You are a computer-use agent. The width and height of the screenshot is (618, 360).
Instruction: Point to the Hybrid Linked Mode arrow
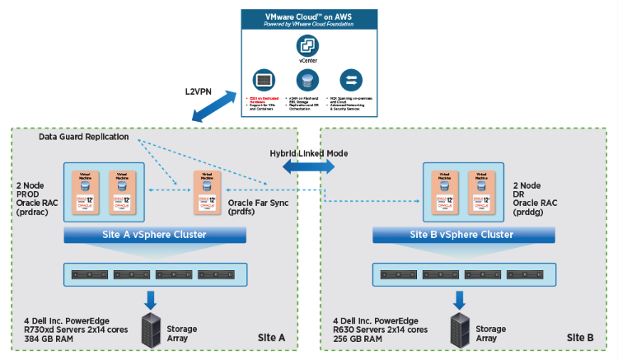[x=308, y=166]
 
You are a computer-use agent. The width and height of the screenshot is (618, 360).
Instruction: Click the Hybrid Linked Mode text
[x=308, y=153]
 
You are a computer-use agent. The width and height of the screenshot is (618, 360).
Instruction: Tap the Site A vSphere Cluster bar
[x=155, y=235]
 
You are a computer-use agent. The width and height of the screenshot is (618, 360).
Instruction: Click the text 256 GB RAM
[x=356, y=339]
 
